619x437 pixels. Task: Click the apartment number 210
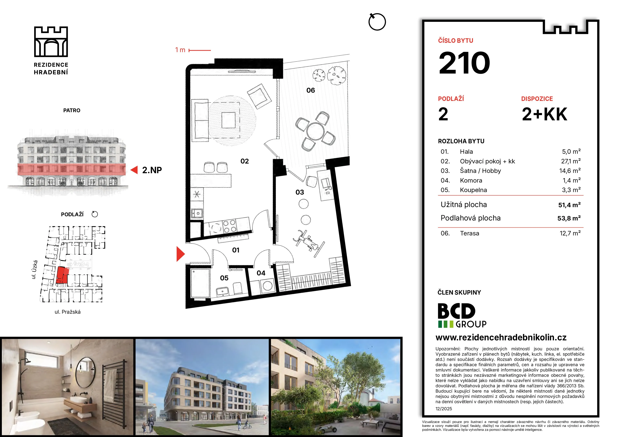click(464, 63)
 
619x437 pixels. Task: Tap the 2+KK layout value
click(544, 114)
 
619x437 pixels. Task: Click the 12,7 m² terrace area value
click(570, 233)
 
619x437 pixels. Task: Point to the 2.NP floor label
click(152, 170)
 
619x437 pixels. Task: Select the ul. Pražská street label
click(68, 312)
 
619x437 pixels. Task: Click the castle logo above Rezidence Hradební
click(51, 42)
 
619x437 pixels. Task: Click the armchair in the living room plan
click(259, 96)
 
